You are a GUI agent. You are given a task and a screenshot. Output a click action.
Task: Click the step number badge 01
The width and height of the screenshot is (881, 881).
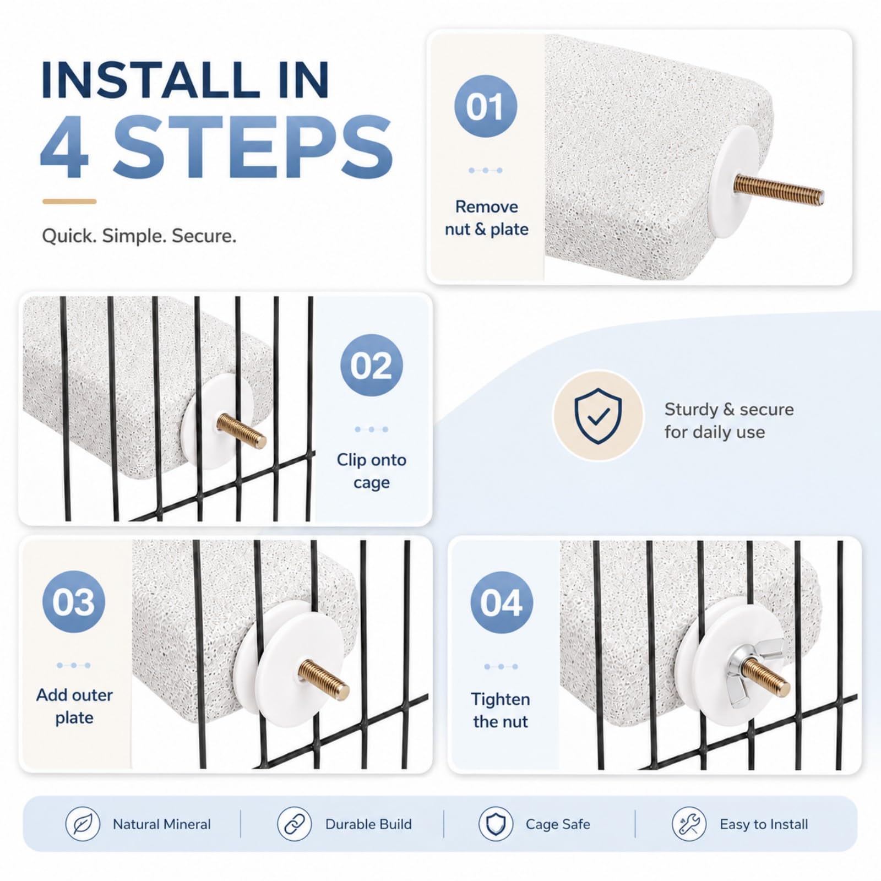(x=485, y=106)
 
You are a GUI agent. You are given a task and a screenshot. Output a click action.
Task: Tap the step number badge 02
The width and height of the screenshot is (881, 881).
(x=372, y=365)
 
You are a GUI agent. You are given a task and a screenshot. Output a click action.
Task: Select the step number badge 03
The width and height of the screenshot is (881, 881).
(x=74, y=601)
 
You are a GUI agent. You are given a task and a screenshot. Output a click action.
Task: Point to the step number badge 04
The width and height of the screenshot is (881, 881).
(x=501, y=602)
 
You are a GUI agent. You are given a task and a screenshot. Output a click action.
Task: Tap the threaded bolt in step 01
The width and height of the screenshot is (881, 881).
(x=779, y=188)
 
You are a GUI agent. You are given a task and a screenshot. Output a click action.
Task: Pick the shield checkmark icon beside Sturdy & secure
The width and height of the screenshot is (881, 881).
(x=598, y=416)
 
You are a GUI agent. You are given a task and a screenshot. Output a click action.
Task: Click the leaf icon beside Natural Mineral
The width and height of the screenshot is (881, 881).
(x=83, y=824)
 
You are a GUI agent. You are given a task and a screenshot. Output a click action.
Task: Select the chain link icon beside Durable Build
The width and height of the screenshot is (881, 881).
(x=294, y=824)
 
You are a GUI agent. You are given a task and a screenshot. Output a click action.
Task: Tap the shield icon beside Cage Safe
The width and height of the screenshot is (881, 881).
(x=496, y=824)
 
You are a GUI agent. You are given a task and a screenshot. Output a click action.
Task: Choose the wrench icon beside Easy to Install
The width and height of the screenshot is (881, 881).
(x=689, y=824)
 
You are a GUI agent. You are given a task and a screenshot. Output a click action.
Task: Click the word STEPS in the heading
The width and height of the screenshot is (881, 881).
(x=253, y=147)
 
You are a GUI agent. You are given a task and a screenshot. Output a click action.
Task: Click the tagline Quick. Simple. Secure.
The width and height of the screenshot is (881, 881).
(x=139, y=236)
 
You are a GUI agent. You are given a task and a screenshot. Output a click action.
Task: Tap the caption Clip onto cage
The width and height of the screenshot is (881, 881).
(x=372, y=471)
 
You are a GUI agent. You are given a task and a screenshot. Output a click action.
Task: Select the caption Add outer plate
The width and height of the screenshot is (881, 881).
(x=74, y=706)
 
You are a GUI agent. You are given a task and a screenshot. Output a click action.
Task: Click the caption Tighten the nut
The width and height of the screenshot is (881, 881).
(x=501, y=710)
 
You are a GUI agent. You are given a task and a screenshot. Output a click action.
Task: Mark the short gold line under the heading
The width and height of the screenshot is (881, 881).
(x=69, y=202)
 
